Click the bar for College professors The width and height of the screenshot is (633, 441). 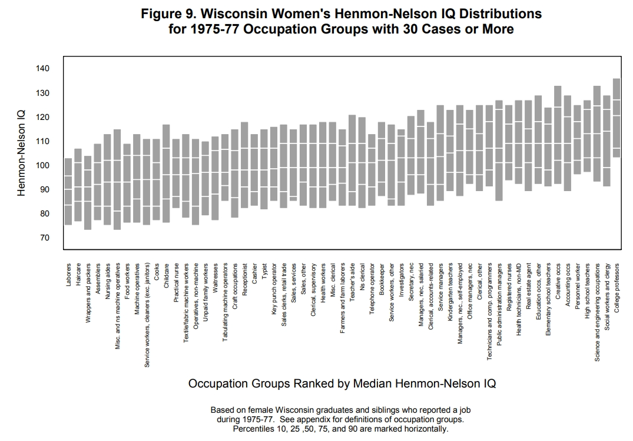[617, 118]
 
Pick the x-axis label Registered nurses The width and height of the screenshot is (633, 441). [509, 288]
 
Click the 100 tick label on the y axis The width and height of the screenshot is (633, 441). [42, 165]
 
